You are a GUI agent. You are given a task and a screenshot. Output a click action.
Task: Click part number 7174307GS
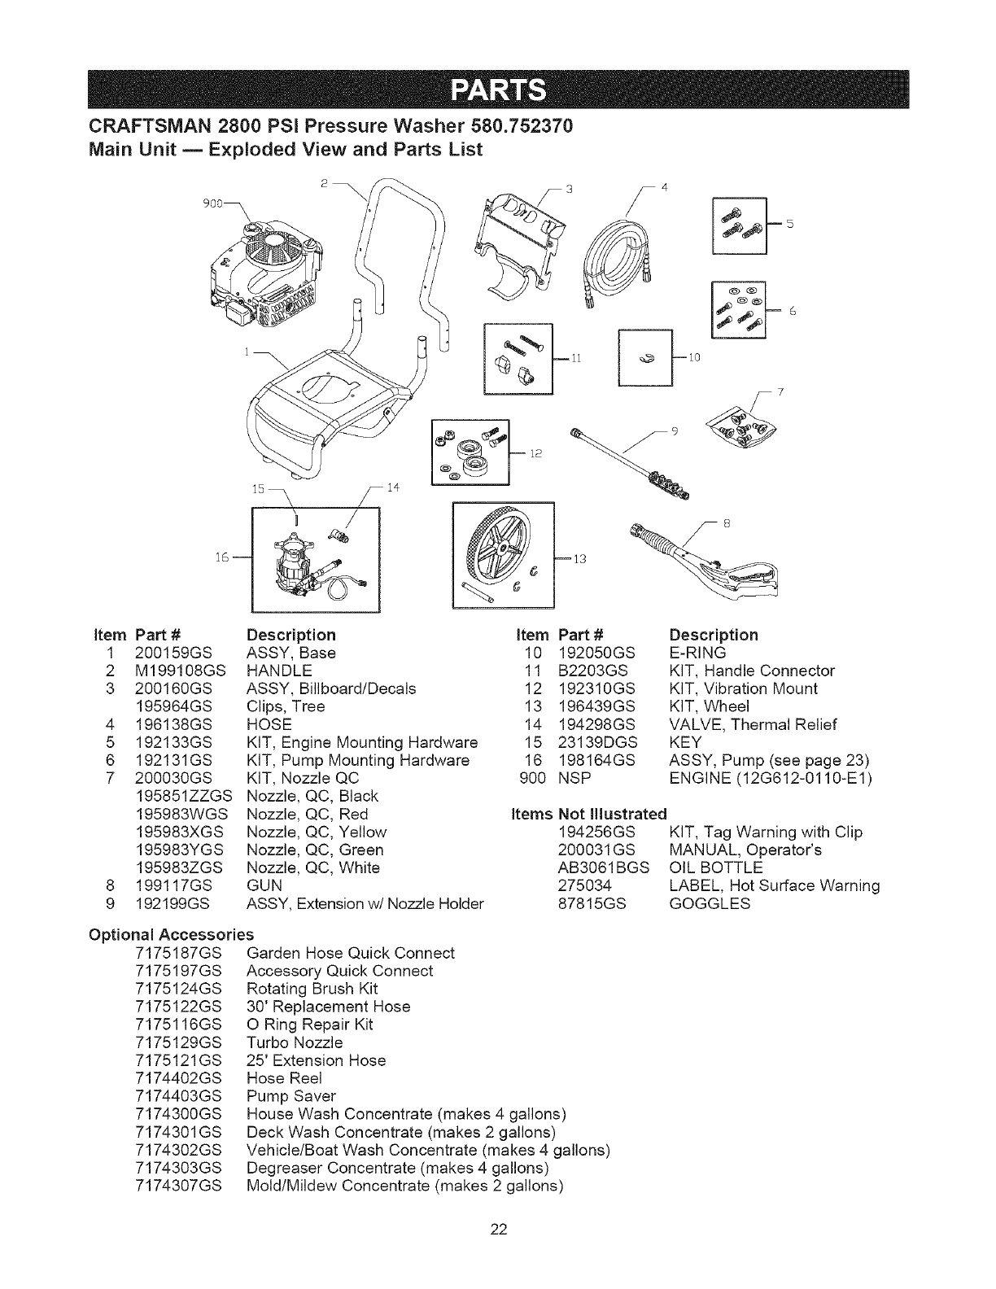tap(176, 1186)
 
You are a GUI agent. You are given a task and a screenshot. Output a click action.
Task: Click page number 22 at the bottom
tap(498, 1251)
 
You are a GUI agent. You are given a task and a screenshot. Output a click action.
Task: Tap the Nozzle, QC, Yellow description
tap(316, 832)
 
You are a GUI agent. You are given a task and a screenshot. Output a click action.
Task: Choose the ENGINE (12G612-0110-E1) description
tap(770, 778)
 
